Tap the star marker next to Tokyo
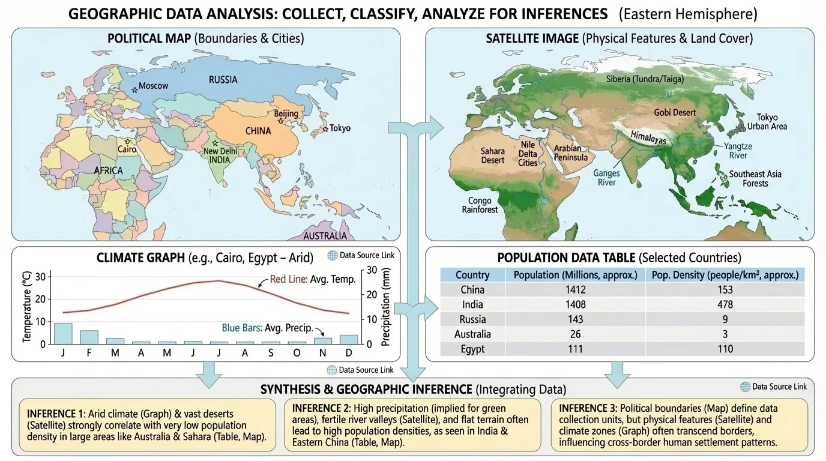tap(325, 129)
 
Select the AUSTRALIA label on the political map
tap(325, 236)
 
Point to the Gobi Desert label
tap(675, 112)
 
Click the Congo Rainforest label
tap(480, 205)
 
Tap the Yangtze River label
tap(737, 151)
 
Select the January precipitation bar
tap(63, 333)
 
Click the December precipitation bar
tap(349, 339)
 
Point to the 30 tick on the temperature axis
tap(40, 277)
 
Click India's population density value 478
tap(725, 304)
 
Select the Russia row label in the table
tap(472, 319)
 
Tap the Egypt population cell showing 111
tap(575, 349)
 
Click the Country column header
tap(472, 275)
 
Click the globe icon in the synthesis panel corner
tap(745, 387)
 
